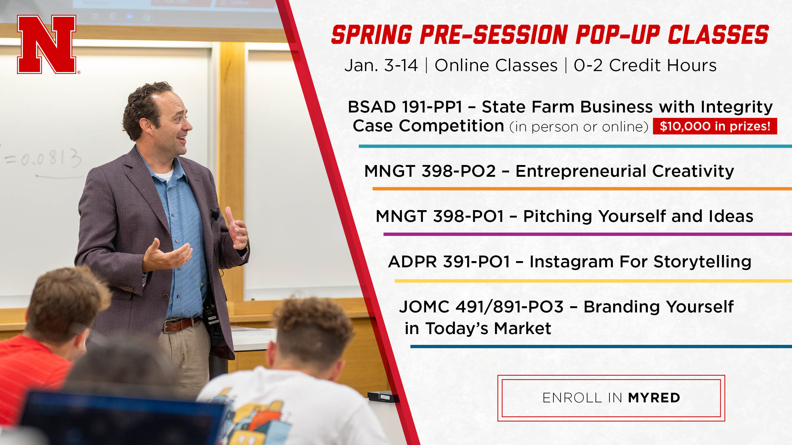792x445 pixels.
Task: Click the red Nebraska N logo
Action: (x=47, y=44)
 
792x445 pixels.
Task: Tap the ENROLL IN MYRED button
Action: (x=611, y=398)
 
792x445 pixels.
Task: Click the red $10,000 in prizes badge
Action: (x=715, y=126)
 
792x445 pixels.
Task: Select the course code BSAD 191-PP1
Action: (x=405, y=107)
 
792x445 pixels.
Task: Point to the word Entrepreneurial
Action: (x=581, y=172)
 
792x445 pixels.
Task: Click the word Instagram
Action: (x=571, y=262)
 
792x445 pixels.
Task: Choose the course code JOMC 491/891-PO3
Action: (x=481, y=307)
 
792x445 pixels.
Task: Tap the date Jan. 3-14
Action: (x=381, y=66)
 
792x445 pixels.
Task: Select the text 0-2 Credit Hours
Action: (x=645, y=66)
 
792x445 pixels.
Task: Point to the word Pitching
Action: (x=557, y=216)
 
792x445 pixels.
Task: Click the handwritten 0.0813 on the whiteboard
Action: (x=43, y=158)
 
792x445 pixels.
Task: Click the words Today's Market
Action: (x=488, y=328)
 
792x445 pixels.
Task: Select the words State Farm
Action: (x=528, y=107)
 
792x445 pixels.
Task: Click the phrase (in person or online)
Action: (x=579, y=127)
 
